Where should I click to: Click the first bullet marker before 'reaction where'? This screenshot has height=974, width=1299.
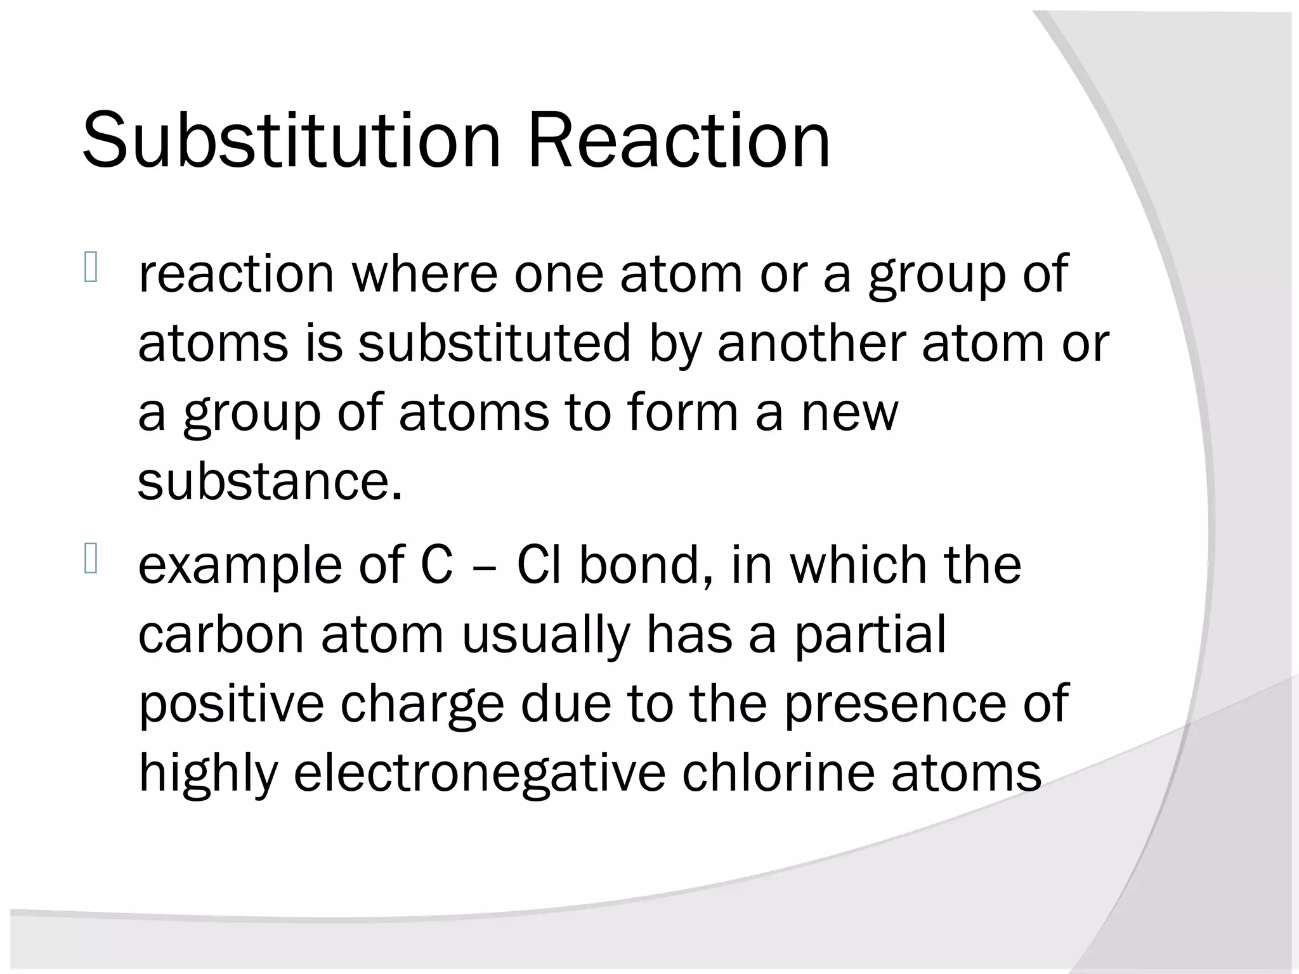90,268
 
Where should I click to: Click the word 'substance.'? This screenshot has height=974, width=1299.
270,481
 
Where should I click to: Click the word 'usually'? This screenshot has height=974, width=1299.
546,636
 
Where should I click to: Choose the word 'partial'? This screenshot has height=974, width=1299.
870,635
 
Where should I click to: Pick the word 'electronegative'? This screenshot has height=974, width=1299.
480,774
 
